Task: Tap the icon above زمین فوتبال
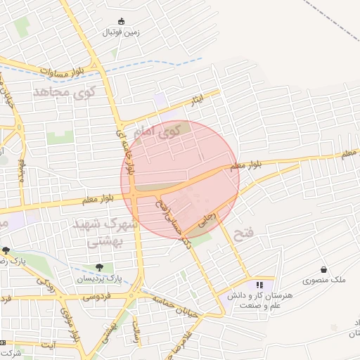pyautogui.click(x=122, y=21)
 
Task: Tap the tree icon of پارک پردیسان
pyautogui.click(x=100, y=267)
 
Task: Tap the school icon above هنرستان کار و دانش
pyautogui.click(x=259, y=285)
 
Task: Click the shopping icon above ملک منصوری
pyautogui.click(x=323, y=269)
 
